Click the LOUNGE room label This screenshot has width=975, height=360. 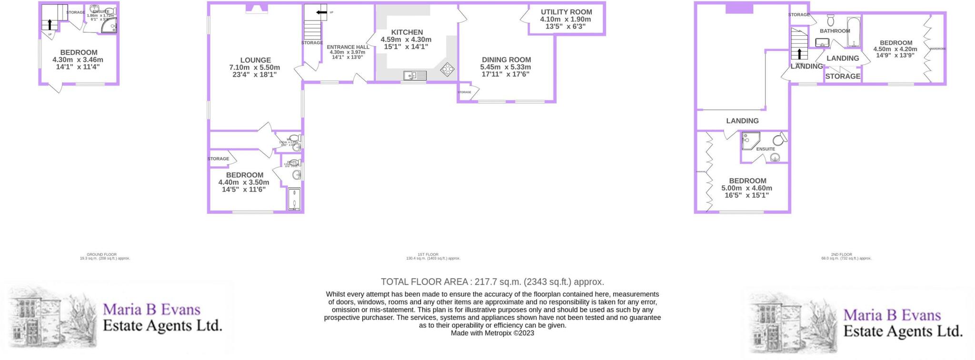click(256, 60)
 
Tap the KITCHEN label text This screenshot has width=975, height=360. click(407, 32)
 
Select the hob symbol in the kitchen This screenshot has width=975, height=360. click(447, 70)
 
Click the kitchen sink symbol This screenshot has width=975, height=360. click(415, 75)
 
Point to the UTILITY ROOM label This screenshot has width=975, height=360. click(566, 12)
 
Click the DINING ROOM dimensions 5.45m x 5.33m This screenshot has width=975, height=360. click(506, 67)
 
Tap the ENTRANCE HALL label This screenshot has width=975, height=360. click(348, 47)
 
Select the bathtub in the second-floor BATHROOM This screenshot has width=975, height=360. click(854, 32)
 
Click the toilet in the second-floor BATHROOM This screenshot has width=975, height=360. click(831, 20)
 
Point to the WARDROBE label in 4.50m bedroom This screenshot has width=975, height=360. click(937, 49)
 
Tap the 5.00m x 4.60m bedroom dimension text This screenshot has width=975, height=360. click(747, 188)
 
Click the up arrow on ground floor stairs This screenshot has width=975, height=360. click(50, 24)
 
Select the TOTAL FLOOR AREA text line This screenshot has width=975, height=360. click(492, 282)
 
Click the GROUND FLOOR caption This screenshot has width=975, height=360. click(101, 255)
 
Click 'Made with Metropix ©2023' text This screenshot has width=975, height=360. click(492, 333)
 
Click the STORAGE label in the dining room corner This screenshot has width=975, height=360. click(464, 92)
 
